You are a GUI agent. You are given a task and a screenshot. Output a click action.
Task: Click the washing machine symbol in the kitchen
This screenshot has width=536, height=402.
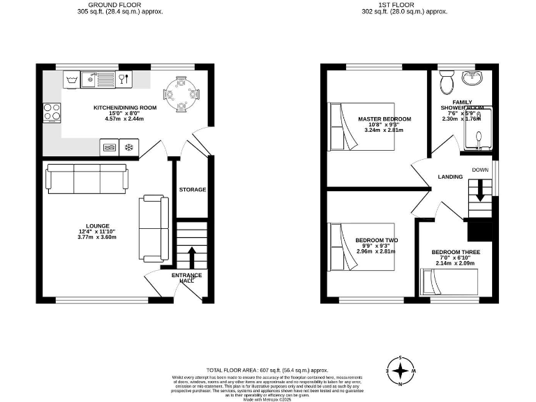coord(72,81)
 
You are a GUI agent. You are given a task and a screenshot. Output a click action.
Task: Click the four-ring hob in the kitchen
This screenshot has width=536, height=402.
coord(52,112)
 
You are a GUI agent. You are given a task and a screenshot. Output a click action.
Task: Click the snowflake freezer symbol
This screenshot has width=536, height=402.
coord(128,148)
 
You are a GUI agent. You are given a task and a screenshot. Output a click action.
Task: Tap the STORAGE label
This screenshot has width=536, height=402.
coord(192,190)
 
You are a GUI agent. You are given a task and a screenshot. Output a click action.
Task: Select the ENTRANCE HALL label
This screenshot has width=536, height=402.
coord(186,277)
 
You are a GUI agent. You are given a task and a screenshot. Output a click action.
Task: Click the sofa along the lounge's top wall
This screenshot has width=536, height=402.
coord(87,178)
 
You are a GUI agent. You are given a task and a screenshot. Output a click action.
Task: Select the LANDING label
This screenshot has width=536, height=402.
coord(450,177)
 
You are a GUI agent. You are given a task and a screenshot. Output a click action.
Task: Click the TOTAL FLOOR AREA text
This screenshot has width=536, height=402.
coord(267,370)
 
